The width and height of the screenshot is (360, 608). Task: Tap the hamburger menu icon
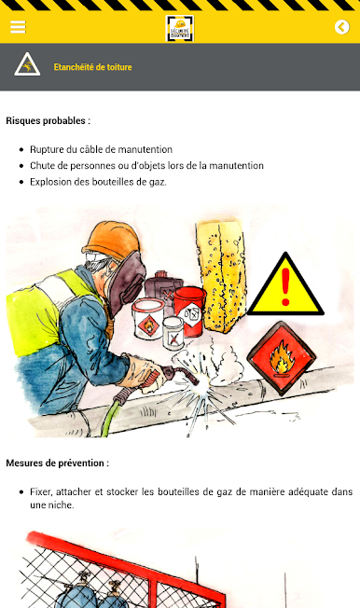tap(18, 27)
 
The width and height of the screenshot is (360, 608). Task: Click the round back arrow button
tap(341, 27)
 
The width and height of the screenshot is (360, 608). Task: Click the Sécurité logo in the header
tap(180, 28)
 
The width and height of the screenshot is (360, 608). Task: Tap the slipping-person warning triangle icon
tap(27, 64)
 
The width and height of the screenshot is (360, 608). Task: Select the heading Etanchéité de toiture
tap(92, 67)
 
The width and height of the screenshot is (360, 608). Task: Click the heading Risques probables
tap(48, 120)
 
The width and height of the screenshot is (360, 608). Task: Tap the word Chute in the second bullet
tap(42, 166)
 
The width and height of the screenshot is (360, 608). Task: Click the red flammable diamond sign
tap(282, 357)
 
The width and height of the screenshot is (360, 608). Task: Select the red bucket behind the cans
tap(189, 311)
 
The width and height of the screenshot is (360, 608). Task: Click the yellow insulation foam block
tap(221, 276)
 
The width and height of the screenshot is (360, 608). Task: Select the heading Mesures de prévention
tap(58, 463)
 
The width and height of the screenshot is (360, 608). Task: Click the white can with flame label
tap(147, 319)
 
